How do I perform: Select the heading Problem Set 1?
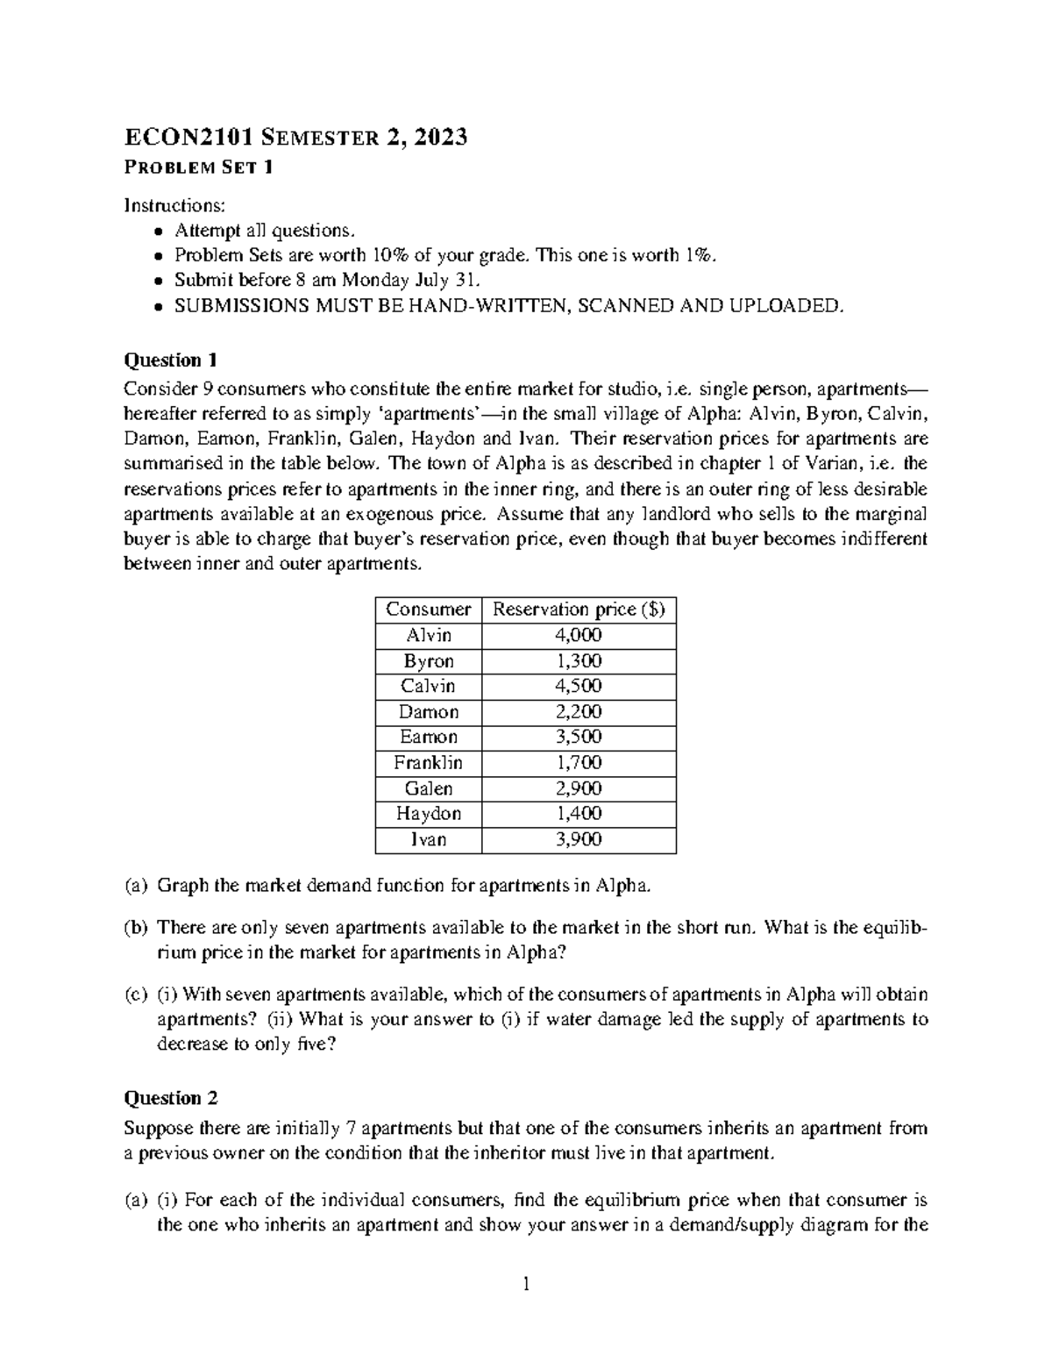pos(198,168)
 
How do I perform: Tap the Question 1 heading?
pos(171,360)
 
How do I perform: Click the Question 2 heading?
pos(171,1098)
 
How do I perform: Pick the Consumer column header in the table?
pos(429,610)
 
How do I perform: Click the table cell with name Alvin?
pos(429,635)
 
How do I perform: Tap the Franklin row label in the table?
pos(429,762)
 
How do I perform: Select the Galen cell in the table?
pos(429,788)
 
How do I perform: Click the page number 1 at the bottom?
pos(526,1286)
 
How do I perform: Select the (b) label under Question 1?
pos(136,927)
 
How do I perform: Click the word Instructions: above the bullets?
pos(174,205)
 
